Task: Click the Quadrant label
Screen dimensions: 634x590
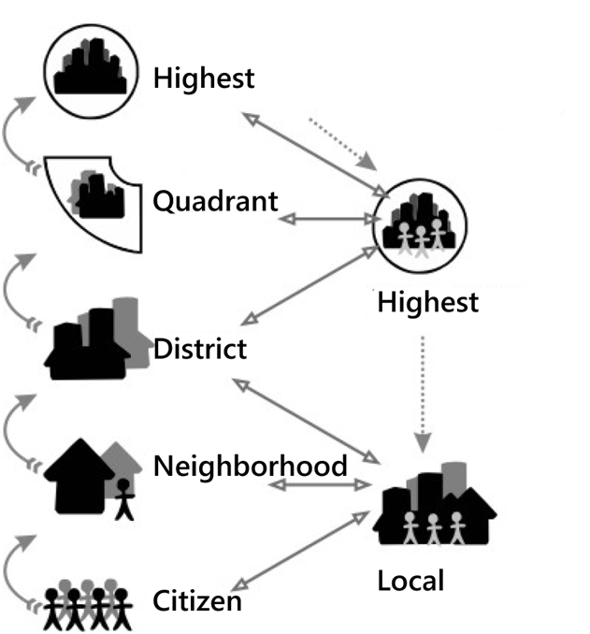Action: pos(215,201)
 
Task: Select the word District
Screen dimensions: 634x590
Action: pos(199,350)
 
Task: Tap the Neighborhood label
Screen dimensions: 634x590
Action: pos(251,465)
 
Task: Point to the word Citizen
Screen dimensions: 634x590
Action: pos(197,599)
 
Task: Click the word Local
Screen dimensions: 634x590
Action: pos(410,581)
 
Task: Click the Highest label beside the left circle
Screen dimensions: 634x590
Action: pos(204,78)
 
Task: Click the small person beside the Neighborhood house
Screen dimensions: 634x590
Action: pos(122,497)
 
